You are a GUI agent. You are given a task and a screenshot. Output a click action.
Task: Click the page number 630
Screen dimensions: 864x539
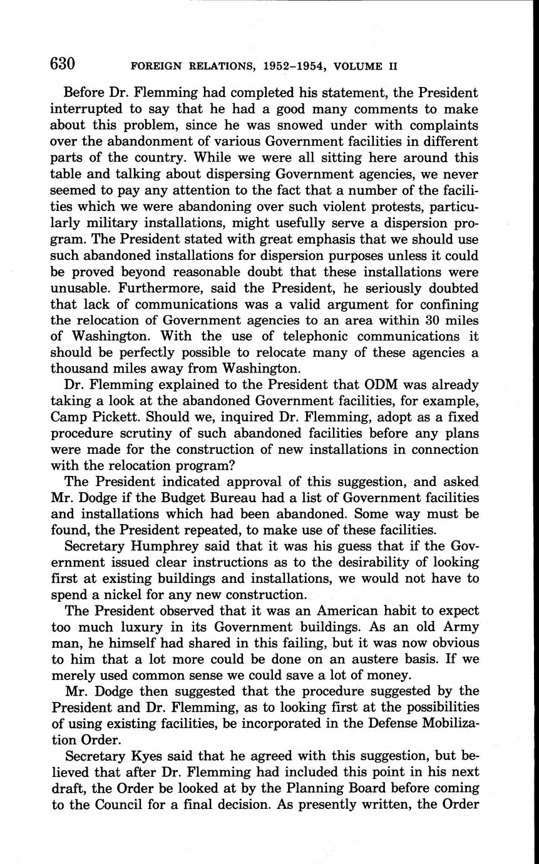point(63,64)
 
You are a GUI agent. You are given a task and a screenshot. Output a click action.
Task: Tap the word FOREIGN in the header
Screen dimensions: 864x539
point(155,66)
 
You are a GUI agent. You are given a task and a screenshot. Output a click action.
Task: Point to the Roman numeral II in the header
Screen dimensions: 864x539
point(393,66)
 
